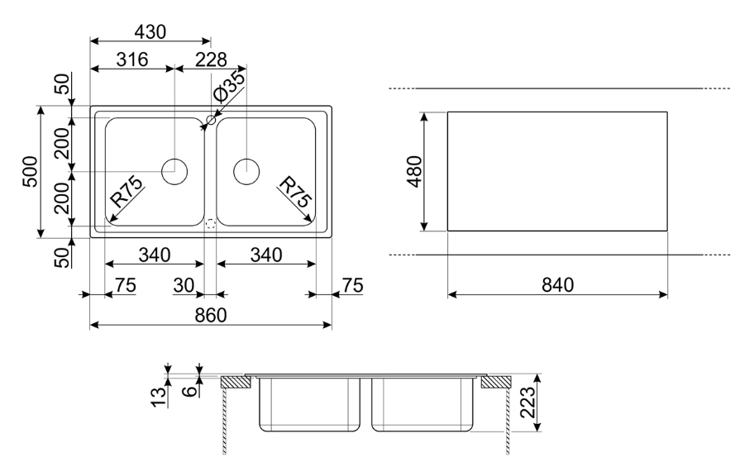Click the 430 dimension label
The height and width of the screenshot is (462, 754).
coord(150,31)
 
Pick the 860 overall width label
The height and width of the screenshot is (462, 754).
coord(210,315)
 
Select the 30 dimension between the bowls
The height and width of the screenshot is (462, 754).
coord(184,285)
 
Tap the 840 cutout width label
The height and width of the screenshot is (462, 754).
coord(557,285)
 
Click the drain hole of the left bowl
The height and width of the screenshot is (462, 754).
coord(174,171)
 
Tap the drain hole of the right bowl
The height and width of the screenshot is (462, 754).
coord(246,171)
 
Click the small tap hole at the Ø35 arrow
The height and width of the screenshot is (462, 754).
coord(210,121)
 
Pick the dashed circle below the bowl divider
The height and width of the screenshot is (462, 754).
coord(209,223)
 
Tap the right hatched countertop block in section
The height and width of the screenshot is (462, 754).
coord(496,382)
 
